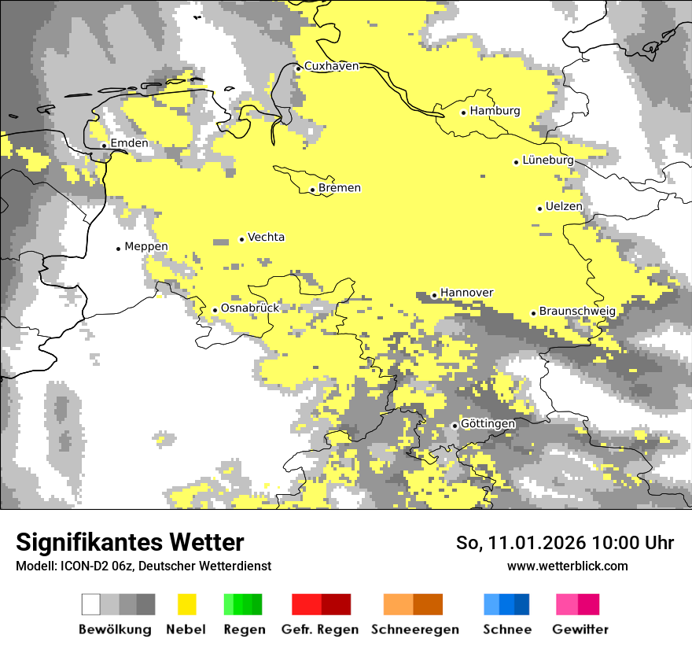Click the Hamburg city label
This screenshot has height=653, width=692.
pyautogui.click(x=495, y=111)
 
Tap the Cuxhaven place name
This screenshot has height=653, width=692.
pyautogui.click(x=331, y=66)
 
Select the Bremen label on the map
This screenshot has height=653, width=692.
pyautogui.click(x=340, y=188)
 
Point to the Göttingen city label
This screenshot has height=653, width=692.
pyautogui.click(x=488, y=424)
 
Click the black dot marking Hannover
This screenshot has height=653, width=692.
pyautogui.click(x=434, y=296)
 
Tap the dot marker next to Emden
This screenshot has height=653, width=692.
pyautogui.click(x=104, y=146)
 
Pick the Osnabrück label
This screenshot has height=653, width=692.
pyautogui.click(x=250, y=308)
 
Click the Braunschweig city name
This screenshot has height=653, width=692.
pyautogui.click(x=577, y=312)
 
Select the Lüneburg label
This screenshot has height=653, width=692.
pyautogui.click(x=548, y=160)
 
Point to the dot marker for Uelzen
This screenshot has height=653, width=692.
pyautogui.click(x=539, y=208)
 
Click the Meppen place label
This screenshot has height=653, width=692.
pyautogui.click(x=146, y=247)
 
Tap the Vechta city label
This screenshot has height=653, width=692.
pyautogui.click(x=266, y=238)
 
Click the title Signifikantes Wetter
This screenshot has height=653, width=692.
pyautogui.click(x=130, y=543)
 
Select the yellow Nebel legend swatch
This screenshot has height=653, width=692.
pyautogui.click(x=186, y=604)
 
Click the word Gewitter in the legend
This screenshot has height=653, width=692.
pyautogui.click(x=580, y=629)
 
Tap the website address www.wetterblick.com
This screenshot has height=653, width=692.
pyautogui.click(x=567, y=566)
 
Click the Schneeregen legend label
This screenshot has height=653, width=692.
pyautogui.click(x=415, y=629)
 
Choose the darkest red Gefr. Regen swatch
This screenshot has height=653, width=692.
pyautogui.click(x=336, y=604)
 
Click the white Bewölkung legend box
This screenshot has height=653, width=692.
pyautogui.click(x=91, y=604)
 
